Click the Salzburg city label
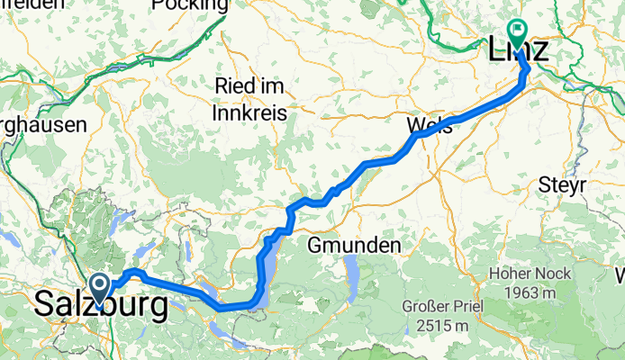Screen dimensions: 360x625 [x=101, y=306]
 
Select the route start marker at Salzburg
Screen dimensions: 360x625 [x=98, y=289]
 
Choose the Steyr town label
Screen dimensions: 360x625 [x=562, y=185]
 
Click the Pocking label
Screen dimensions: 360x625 [x=190, y=5]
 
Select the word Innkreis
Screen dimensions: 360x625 [x=249, y=113]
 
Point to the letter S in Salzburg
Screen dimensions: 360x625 [x=44, y=306]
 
